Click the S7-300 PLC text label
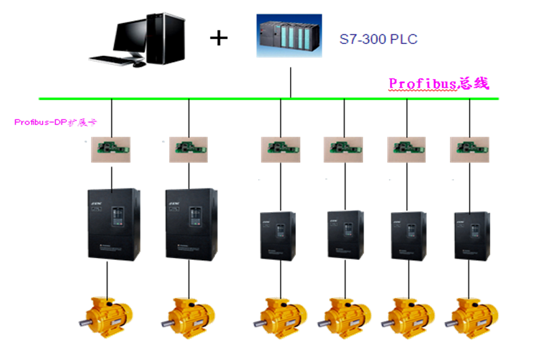378,39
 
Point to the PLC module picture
289,36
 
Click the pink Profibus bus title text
438,84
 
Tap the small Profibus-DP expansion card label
56,123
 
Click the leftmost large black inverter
114,224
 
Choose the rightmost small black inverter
471,236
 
